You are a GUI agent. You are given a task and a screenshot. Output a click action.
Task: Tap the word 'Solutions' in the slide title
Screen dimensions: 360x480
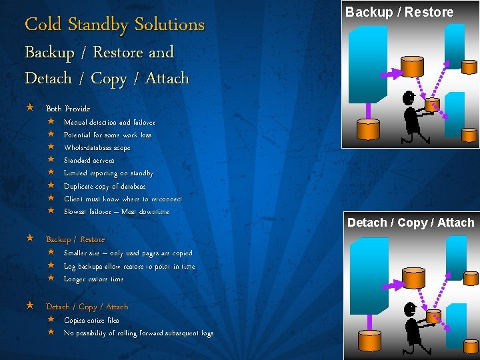coord(169,25)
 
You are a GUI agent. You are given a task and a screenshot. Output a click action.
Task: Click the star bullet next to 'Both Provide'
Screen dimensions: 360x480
coord(29,108)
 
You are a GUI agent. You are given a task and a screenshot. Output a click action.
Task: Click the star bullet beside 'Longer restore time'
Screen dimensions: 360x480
coord(51,279)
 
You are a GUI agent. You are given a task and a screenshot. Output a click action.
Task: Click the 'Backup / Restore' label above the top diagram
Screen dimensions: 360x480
coord(399,12)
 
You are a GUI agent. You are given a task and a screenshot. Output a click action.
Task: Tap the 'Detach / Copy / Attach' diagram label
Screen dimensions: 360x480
coord(411,223)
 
